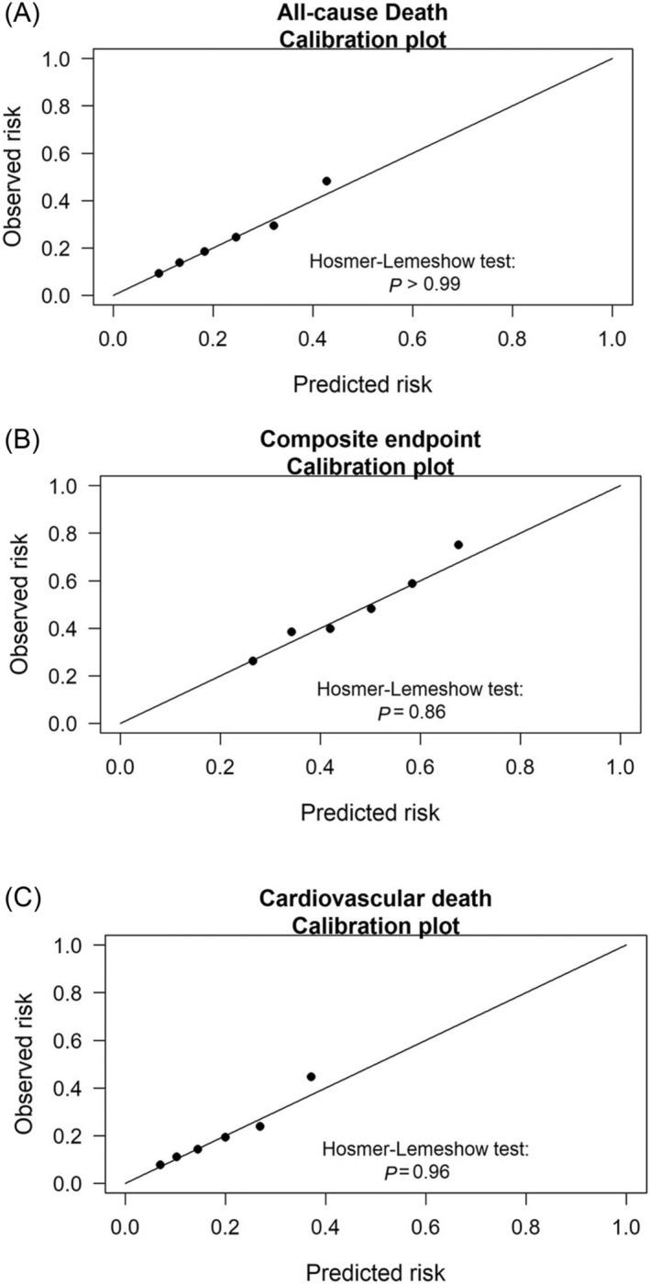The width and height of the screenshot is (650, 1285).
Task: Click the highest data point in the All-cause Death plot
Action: click(x=326, y=181)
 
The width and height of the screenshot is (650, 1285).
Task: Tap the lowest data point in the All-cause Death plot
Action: click(x=159, y=273)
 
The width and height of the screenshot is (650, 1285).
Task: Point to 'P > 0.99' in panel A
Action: click(x=424, y=284)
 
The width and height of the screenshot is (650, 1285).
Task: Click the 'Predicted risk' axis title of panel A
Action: click(x=362, y=384)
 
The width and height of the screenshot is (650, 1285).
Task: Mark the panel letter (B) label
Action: click(x=20, y=438)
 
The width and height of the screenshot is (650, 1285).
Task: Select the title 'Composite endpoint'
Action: click(x=370, y=440)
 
